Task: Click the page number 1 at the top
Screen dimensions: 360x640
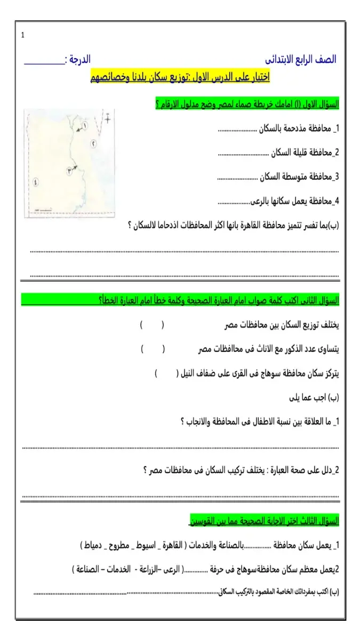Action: click(23, 36)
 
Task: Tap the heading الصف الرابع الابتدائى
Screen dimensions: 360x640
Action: click(301, 59)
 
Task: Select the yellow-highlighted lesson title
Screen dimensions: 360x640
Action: click(180, 77)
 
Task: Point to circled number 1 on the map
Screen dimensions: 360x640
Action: click(84, 126)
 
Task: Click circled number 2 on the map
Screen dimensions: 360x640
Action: click(93, 143)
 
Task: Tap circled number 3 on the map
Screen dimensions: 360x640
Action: click(69, 171)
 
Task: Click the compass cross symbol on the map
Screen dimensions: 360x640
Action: click(108, 118)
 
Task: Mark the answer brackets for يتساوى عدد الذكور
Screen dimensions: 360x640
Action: click(153, 349)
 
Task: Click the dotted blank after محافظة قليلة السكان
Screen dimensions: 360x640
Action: click(243, 153)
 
